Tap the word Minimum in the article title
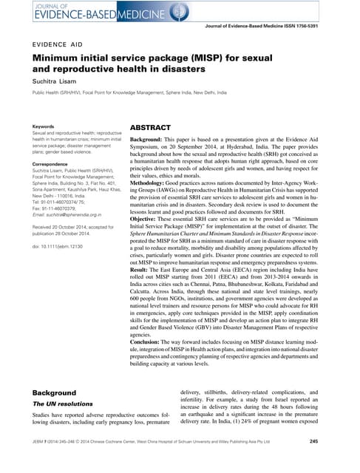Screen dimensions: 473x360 54,59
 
